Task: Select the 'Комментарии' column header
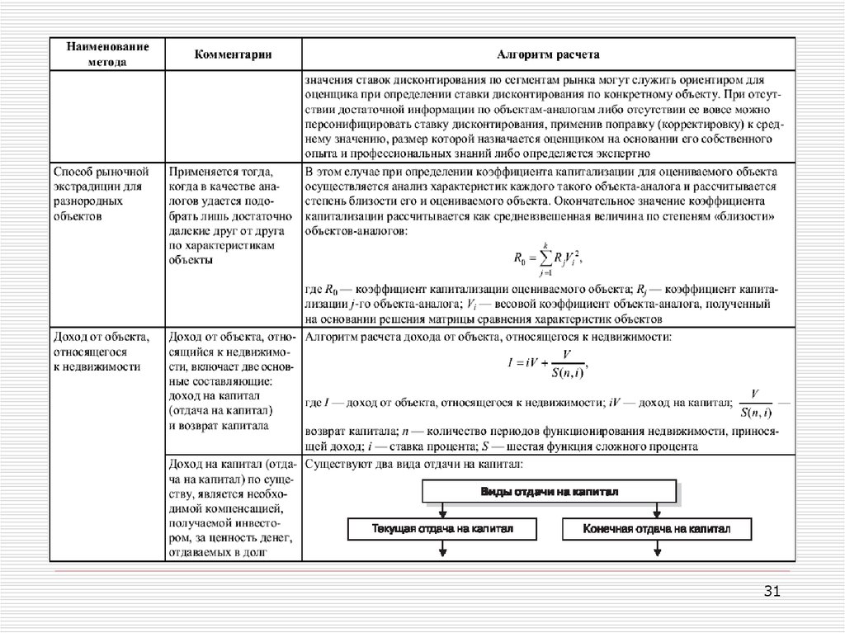click(x=234, y=55)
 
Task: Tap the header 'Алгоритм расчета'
click(x=548, y=55)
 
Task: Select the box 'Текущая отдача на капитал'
click(x=442, y=528)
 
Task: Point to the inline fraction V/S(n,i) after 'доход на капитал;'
click(x=755, y=403)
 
